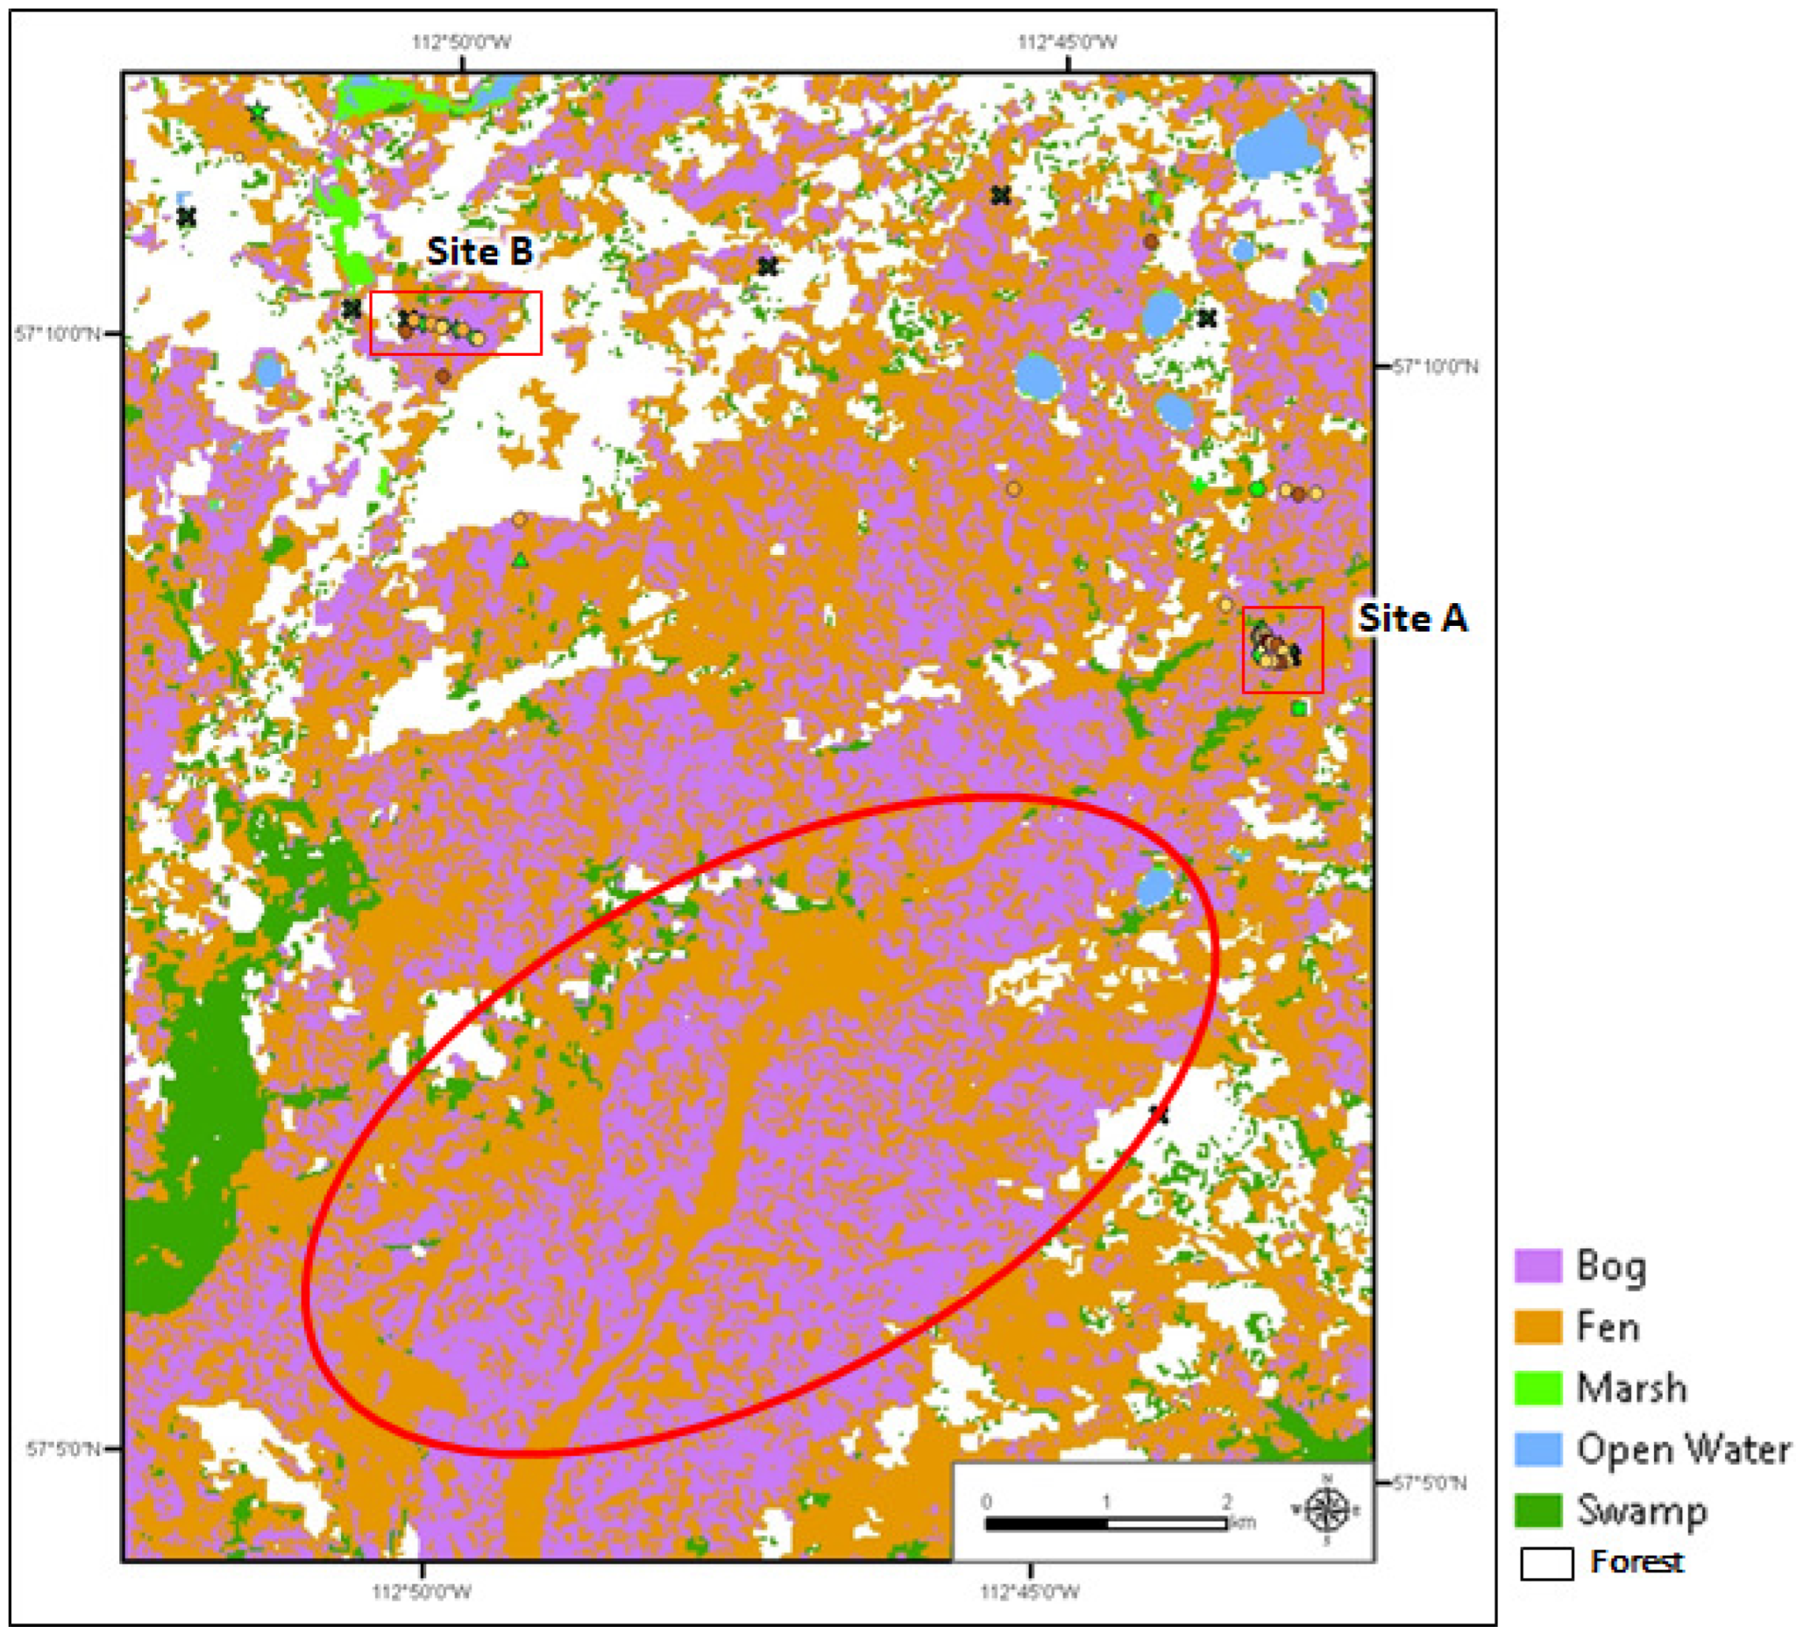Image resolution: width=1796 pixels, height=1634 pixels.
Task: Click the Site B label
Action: pyautogui.click(x=481, y=251)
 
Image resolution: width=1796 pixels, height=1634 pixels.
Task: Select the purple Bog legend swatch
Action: pyautogui.click(x=1539, y=1266)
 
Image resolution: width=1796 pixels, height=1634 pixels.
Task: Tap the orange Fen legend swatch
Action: pyautogui.click(x=1539, y=1327)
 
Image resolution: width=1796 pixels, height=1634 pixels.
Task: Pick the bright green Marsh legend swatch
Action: pyautogui.click(x=1539, y=1388)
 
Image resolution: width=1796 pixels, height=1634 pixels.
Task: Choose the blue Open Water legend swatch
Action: pyautogui.click(x=1539, y=1449)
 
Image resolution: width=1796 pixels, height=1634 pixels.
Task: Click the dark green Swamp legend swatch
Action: pyautogui.click(x=1539, y=1510)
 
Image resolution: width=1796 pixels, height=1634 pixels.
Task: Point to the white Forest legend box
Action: pyautogui.click(x=1547, y=1565)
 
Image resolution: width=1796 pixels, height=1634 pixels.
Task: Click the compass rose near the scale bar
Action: pyautogui.click(x=1326, y=1511)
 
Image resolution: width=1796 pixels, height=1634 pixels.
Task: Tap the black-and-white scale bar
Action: pyautogui.click(x=1106, y=1524)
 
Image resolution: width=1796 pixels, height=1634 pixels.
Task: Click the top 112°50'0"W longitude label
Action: pyautogui.click(x=462, y=42)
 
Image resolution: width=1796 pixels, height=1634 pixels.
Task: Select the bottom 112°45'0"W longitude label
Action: pyautogui.click(x=1030, y=1592)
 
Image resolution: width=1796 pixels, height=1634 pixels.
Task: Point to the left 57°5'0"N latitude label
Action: pyautogui.click(x=62, y=1449)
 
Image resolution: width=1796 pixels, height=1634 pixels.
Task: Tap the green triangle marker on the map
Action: pyautogui.click(x=520, y=560)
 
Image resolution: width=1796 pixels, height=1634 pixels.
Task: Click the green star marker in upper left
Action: pyautogui.click(x=257, y=113)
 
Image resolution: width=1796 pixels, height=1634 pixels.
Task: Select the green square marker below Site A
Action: pyautogui.click(x=1300, y=708)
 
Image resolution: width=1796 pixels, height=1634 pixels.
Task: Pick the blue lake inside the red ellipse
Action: pyautogui.click(x=1154, y=887)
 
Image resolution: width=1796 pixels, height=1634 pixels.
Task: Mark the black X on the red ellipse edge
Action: pyautogui.click(x=1158, y=1115)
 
